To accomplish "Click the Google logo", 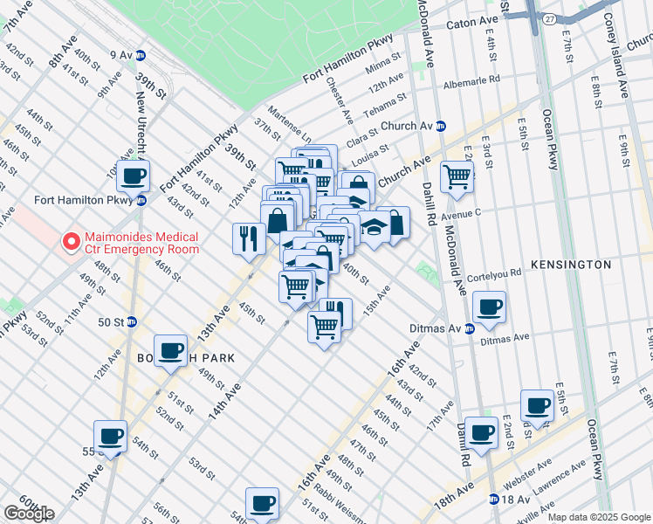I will (28, 514).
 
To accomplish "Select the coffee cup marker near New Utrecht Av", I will (133, 176).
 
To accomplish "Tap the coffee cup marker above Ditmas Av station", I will (489, 307).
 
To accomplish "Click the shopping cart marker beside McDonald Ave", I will (457, 177).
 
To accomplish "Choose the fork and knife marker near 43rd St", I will (248, 238).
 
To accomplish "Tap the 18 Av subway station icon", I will (494, 500).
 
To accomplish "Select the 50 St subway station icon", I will (132, 321).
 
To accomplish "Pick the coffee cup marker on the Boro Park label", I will (170, 351).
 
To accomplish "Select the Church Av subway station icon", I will (442, 126).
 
